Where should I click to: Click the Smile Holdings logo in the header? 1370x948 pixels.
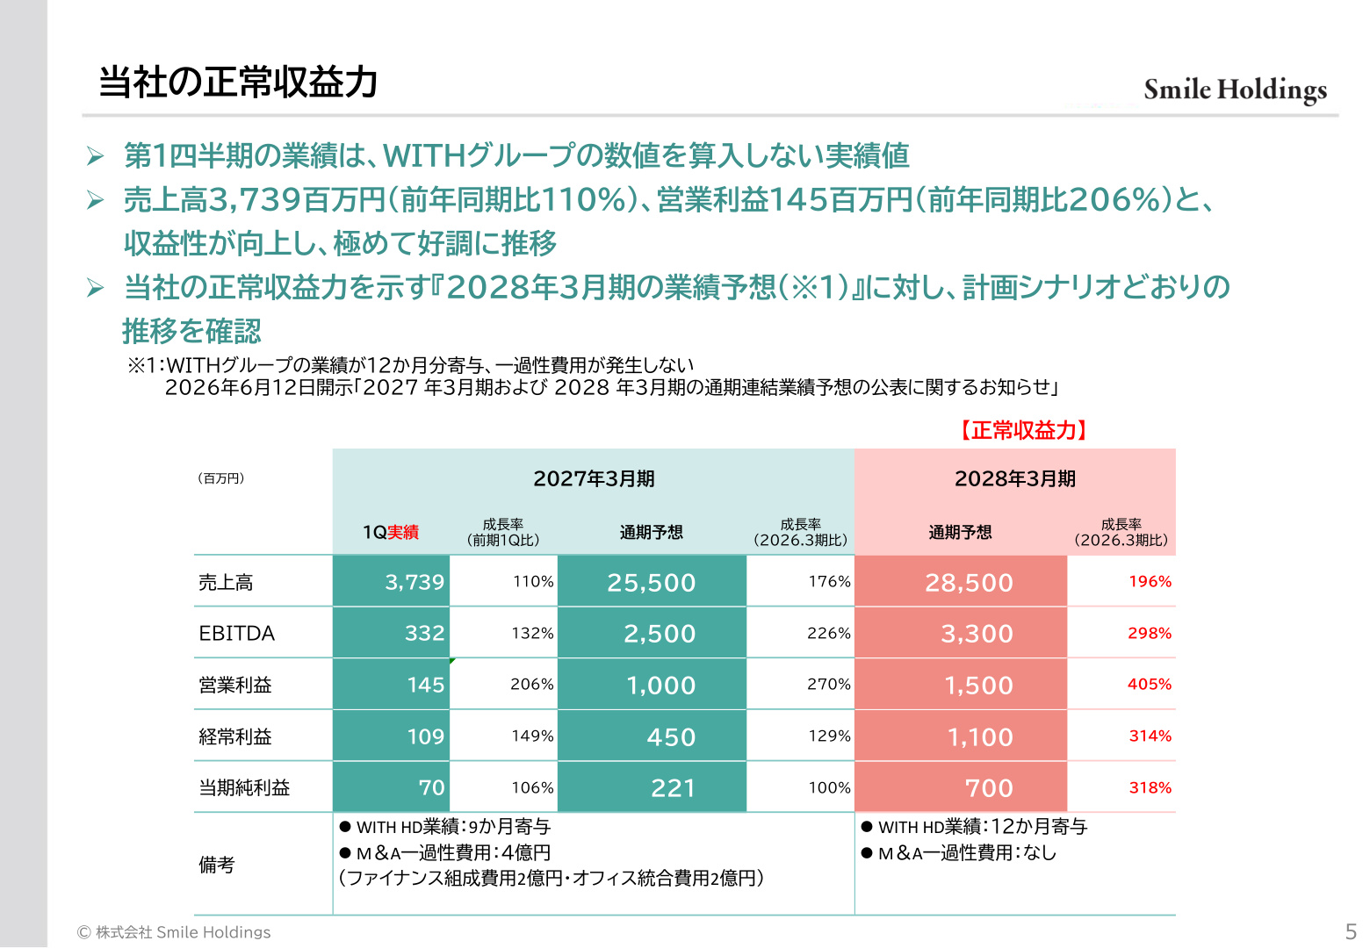tap(1235, 90)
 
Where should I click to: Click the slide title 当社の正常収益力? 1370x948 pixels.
tap(238, 82)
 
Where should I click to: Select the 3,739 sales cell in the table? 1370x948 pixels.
tap(392, 581)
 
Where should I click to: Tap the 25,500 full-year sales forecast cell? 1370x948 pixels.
tap(652, 582)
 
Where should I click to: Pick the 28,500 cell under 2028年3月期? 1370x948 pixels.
tap(961, 582)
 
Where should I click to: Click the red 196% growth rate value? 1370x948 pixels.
tap(1150, 581)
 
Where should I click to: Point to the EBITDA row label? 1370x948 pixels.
tap(237, 633)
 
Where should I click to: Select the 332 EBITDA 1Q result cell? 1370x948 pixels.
tap(392, 633)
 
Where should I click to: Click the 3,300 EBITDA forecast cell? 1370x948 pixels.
tap(961, 633)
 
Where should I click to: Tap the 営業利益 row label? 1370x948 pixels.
tap(235, 685)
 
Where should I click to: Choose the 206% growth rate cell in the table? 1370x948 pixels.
tap(532, 684)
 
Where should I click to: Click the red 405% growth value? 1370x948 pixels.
tap(1150, 684)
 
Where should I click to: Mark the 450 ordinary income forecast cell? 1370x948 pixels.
tap(652, 736)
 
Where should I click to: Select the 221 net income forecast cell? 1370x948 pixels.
tap(652, 787)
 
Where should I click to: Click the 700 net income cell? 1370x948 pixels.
tap(961, 787)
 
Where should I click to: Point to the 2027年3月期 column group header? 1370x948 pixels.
tap(594, 478)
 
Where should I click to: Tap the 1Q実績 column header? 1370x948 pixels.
tap(391, 532)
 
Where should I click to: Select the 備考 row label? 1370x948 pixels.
tap(217, 865)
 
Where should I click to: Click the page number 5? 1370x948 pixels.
tap(1351, 931)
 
